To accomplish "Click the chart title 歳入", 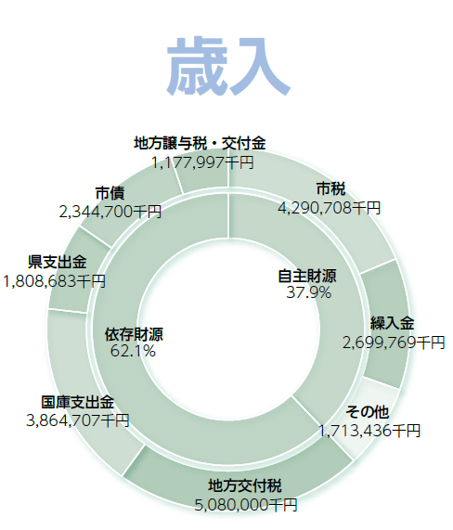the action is (228, 66).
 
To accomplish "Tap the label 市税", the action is (330, 189).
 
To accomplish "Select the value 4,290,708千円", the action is (329, 208).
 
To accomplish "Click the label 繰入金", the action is (392, 323).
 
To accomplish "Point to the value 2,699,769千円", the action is (394, 343).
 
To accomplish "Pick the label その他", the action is (367, 412).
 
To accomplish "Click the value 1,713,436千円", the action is (369, 431).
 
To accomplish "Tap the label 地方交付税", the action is (244, 486).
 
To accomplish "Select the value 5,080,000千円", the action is (246, 505).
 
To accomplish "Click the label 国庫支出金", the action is (78, 402).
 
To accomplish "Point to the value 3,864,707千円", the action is (78, 420).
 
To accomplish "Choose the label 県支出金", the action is (58, 262).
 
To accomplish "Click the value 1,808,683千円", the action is (55, 281).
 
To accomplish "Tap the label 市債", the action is (110, 193).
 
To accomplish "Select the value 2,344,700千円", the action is (110, 212).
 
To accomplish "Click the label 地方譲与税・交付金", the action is (200, 143).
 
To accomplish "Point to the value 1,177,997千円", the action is (202, 162).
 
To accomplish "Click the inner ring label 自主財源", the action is (307, 277).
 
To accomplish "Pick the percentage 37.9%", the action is (308, 292).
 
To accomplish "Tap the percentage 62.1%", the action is (133, 351).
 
